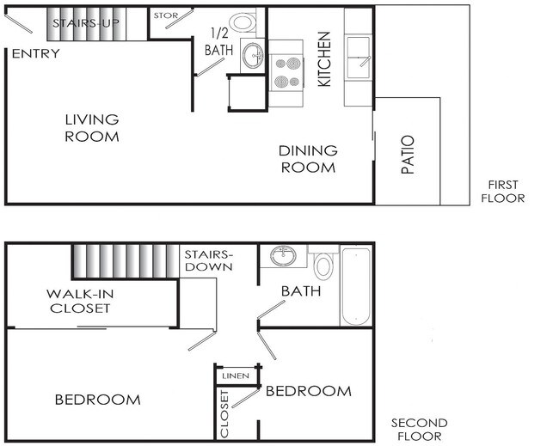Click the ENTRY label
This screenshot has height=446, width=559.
click(35, 54)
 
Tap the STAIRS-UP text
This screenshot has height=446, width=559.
click(86, 23)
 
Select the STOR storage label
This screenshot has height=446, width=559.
click(166, 15)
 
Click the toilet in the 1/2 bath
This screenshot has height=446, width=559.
click(243, 22)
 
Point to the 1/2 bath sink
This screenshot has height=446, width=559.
click(253, 56)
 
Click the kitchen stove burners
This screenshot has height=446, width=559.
click(287, 73)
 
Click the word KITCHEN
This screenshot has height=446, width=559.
click(324, 59)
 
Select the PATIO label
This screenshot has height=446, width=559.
click(408, 155)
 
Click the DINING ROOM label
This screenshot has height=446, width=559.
click(308, 159)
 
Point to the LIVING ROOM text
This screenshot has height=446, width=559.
click(92, 128)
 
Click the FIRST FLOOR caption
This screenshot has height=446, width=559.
click(503, 192)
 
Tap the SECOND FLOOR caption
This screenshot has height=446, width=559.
click(420, 430)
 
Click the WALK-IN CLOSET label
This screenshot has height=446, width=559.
click(80, 301)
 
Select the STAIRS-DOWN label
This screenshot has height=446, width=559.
click(209, 260)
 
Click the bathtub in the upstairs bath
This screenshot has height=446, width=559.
click(357, 286)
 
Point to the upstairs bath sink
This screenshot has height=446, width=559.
click(283, 256)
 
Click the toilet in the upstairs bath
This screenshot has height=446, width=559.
click(323, 264)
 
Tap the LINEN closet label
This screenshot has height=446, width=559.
click(236, 376)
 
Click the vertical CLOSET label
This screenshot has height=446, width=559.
click(224, 413)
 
